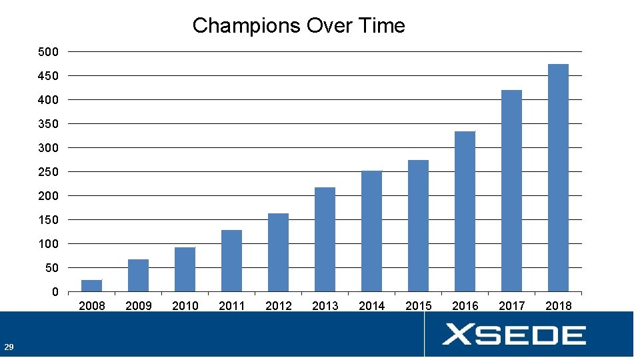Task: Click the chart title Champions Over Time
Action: click(299, 26)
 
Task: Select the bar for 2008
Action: click(91, 286)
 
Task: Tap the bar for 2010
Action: click(185, 269)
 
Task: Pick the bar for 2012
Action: click(278, 253)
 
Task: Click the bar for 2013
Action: click(325, 239)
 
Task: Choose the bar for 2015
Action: click(418, 226)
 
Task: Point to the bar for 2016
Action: click(465, 211)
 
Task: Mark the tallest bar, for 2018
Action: click(558, 178)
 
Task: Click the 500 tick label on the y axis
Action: click(49, 52)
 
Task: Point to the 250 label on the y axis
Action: click(49, 172)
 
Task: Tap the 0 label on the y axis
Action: click(55, 292)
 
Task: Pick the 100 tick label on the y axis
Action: click(49, 244)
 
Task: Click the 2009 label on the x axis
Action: click(138, 306)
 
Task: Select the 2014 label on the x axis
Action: click(371, 306)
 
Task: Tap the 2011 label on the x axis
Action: click(231, 306)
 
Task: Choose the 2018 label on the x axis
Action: click(558, 306)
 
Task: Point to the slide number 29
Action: click(9, 347)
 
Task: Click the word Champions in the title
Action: click(246, 26)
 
